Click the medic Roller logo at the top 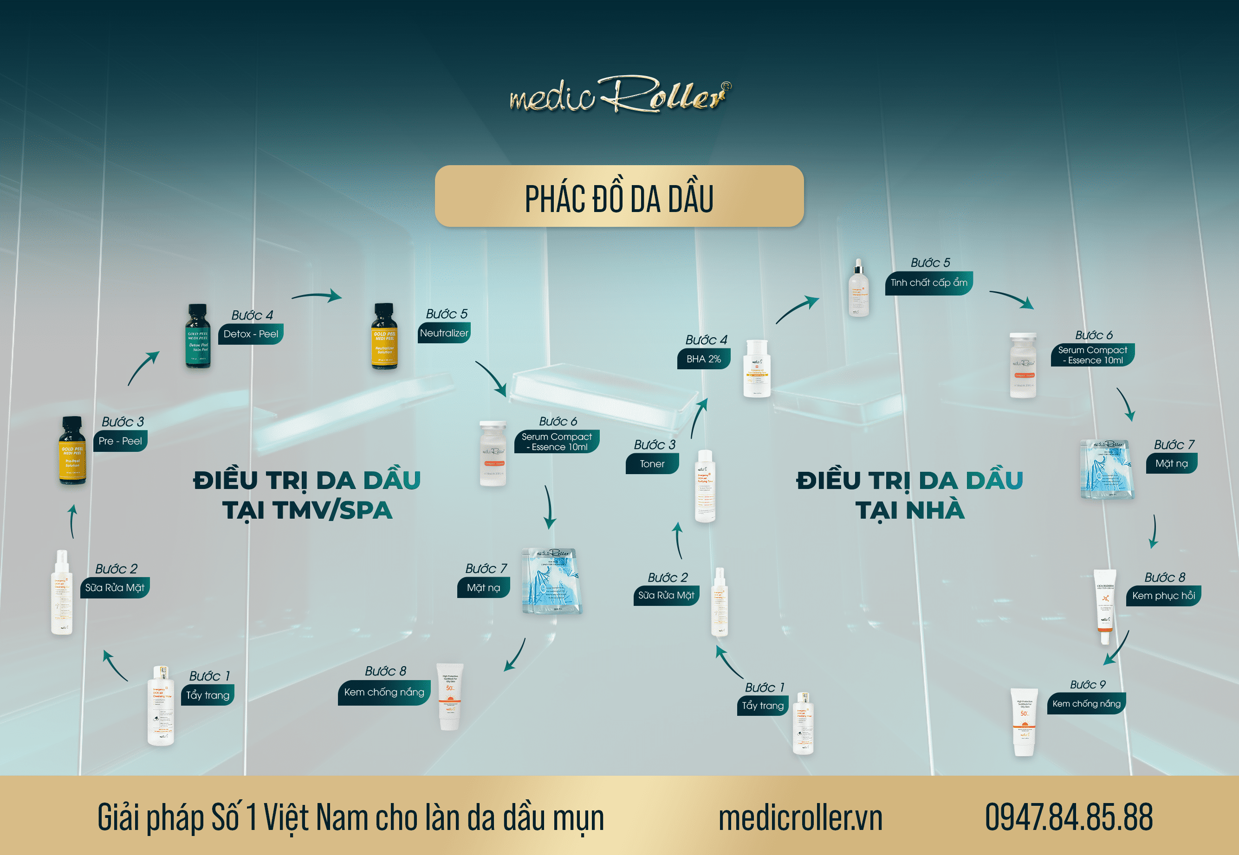619,94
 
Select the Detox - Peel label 250,334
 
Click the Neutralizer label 444,333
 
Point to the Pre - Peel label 120,441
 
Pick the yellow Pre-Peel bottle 72,451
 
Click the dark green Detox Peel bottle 198,336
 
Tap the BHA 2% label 703,359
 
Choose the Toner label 652,464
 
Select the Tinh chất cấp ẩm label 929,283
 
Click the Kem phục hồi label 1163,596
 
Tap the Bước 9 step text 1087,685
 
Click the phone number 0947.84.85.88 1069,817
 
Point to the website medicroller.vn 800,817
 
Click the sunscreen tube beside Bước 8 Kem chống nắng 449,697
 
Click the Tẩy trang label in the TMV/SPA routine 208,695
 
